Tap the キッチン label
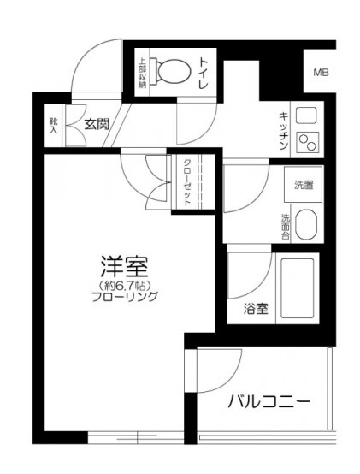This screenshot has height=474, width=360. tap(282, 133)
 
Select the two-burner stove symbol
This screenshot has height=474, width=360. tap(307, 143)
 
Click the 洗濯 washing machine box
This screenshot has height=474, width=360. tap(304, 184)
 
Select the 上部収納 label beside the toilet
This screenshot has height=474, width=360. tap(143, 73)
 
